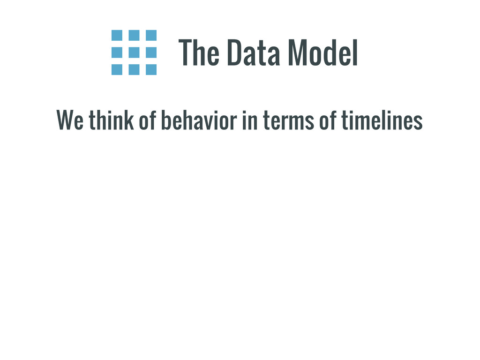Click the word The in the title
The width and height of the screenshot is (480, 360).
[x=199, y=52]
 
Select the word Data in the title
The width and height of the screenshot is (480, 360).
[x=254, y=52]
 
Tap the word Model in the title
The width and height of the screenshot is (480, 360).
[x=323, y=52]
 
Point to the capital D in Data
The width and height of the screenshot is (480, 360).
[x=234, y=52]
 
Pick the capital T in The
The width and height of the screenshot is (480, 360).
[x=186, y=52]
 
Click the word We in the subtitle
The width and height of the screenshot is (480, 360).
[x=70, y=120]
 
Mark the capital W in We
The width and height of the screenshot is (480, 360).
[x=65, y=120]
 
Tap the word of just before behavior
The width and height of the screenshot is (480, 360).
[x=148, y=120]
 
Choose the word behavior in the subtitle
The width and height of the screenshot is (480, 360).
[x=199, y=120]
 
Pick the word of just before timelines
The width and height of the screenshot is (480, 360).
[x=328, y=120]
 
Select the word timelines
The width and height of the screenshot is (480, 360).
[x=382, y=120]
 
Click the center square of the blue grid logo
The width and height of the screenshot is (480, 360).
[x=134, y=52]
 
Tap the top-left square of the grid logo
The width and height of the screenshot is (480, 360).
[x=117, y=35]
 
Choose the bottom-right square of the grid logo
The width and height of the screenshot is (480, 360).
[x=151, y=69]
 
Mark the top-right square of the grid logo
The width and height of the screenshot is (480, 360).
[x=151, y=35]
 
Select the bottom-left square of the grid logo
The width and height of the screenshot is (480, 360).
[x=117, y=69]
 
